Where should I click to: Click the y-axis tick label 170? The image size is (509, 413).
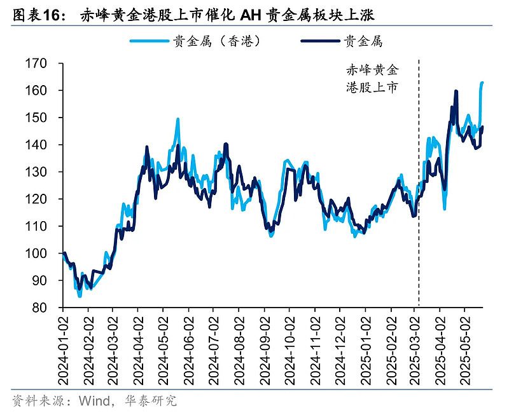pyautogui.click(x=39, y=64)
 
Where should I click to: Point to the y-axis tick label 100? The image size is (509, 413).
pyautogui.click(x=39, y=254)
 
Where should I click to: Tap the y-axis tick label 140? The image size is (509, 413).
pyautogui.click(x=39, y=145)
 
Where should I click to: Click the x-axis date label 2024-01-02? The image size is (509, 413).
pyautogui.click(x=62, y=346)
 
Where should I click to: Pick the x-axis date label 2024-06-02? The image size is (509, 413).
pyautogui.click(x=188, y=346)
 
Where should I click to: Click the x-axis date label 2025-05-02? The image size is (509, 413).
pyautogui.click(x=466, y=346)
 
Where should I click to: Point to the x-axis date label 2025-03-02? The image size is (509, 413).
pyautogui.click(x=415, y=346)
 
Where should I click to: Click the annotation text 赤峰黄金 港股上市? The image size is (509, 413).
pyautogui.click(x=372, y=78)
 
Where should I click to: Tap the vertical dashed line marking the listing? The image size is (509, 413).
pyautogui.click(x=419, y=191)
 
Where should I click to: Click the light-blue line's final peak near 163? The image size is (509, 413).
pyautogui.click(x=482, y=83)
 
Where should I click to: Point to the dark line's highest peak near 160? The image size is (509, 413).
pyautogui.click(x=456, y=91)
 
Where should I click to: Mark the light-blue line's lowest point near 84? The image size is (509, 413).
pyautogui.click(x=80, y=295)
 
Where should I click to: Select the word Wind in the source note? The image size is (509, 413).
pyautogui.click(x=94, y=400)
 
